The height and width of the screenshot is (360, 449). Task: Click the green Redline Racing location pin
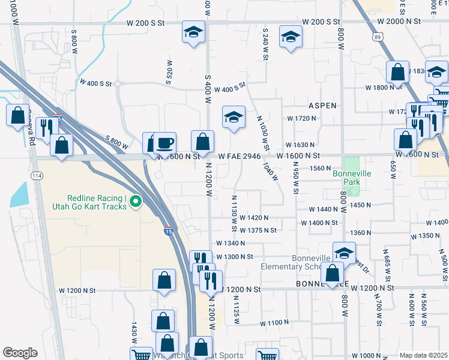point(136,202)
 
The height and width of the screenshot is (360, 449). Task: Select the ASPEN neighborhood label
point(323,105)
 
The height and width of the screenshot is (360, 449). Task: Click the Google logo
point(20,353)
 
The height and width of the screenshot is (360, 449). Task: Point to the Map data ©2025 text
point(423,355)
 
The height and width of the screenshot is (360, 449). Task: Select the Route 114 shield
point(35,174)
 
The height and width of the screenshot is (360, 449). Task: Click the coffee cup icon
point(165,143)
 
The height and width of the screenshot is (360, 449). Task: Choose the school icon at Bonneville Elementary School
point(344,252)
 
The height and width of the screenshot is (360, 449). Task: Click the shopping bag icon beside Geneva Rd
point(17,114)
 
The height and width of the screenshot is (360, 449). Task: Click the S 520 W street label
point(170,71)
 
